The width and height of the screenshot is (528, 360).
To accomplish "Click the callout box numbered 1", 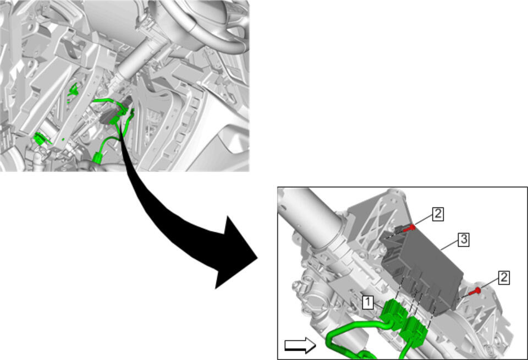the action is tap(368, 302).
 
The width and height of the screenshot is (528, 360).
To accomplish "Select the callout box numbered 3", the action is tap(464, 239).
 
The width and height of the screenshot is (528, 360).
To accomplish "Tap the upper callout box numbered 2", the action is tap(437, 214).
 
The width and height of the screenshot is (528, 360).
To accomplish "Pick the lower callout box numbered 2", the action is tap(503, 278).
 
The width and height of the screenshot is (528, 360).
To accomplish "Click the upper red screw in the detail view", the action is tap(409, 228).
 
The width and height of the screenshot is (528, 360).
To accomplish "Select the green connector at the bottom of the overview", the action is tap(98, 157).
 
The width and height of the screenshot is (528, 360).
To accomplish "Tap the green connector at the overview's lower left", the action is tap(40, 139).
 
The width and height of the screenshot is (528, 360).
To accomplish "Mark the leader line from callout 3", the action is tap(449, 245).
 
